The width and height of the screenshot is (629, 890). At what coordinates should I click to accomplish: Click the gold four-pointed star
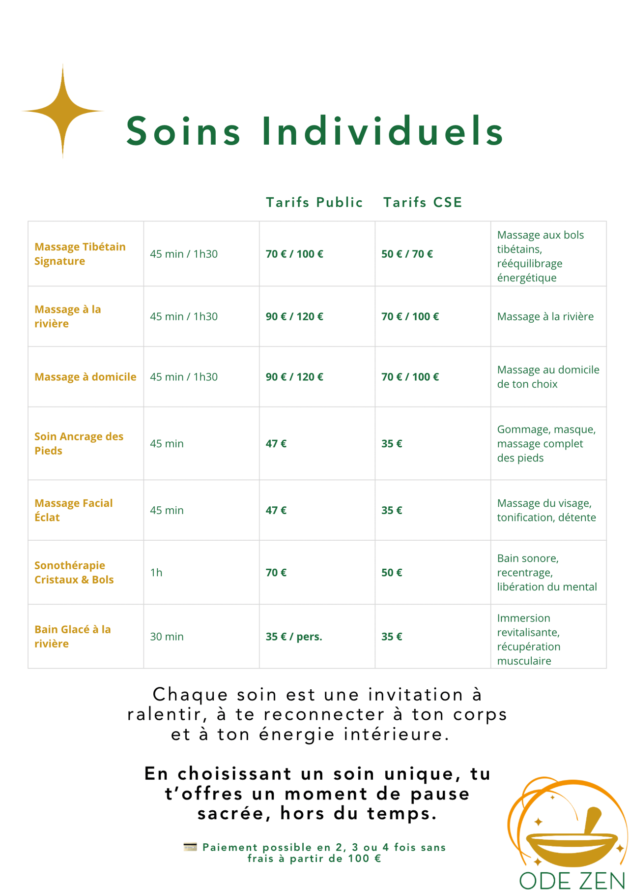click(62, 111)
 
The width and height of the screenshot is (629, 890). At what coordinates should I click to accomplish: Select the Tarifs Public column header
click(314, 202)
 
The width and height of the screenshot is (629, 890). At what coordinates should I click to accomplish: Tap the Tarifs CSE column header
click(423, 202)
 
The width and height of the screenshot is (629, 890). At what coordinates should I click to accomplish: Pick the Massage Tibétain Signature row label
click(80, 254)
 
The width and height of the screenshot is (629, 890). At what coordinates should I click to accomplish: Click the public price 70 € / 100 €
click(294, 254)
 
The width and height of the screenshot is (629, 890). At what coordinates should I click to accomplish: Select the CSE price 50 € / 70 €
click(407, 254)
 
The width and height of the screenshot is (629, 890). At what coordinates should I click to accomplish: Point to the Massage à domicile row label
click(85, 377)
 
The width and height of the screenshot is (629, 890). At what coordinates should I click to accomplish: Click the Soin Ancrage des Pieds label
click(79, 443)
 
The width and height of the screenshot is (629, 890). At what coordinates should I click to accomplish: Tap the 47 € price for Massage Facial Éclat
click(276, 510)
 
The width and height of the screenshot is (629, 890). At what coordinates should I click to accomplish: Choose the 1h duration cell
click(156, 572)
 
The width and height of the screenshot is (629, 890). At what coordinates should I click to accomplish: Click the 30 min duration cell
click(167, 637)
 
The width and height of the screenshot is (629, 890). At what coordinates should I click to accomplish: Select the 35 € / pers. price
click(294, 637)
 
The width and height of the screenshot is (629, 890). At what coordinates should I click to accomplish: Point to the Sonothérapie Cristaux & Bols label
click(74, 572)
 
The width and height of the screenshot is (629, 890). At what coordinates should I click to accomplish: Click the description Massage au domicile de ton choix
click(548, 377)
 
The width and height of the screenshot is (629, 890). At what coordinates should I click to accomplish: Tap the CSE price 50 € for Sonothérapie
click(392, 572)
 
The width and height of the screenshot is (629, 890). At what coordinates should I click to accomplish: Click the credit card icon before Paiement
click(190, 847)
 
